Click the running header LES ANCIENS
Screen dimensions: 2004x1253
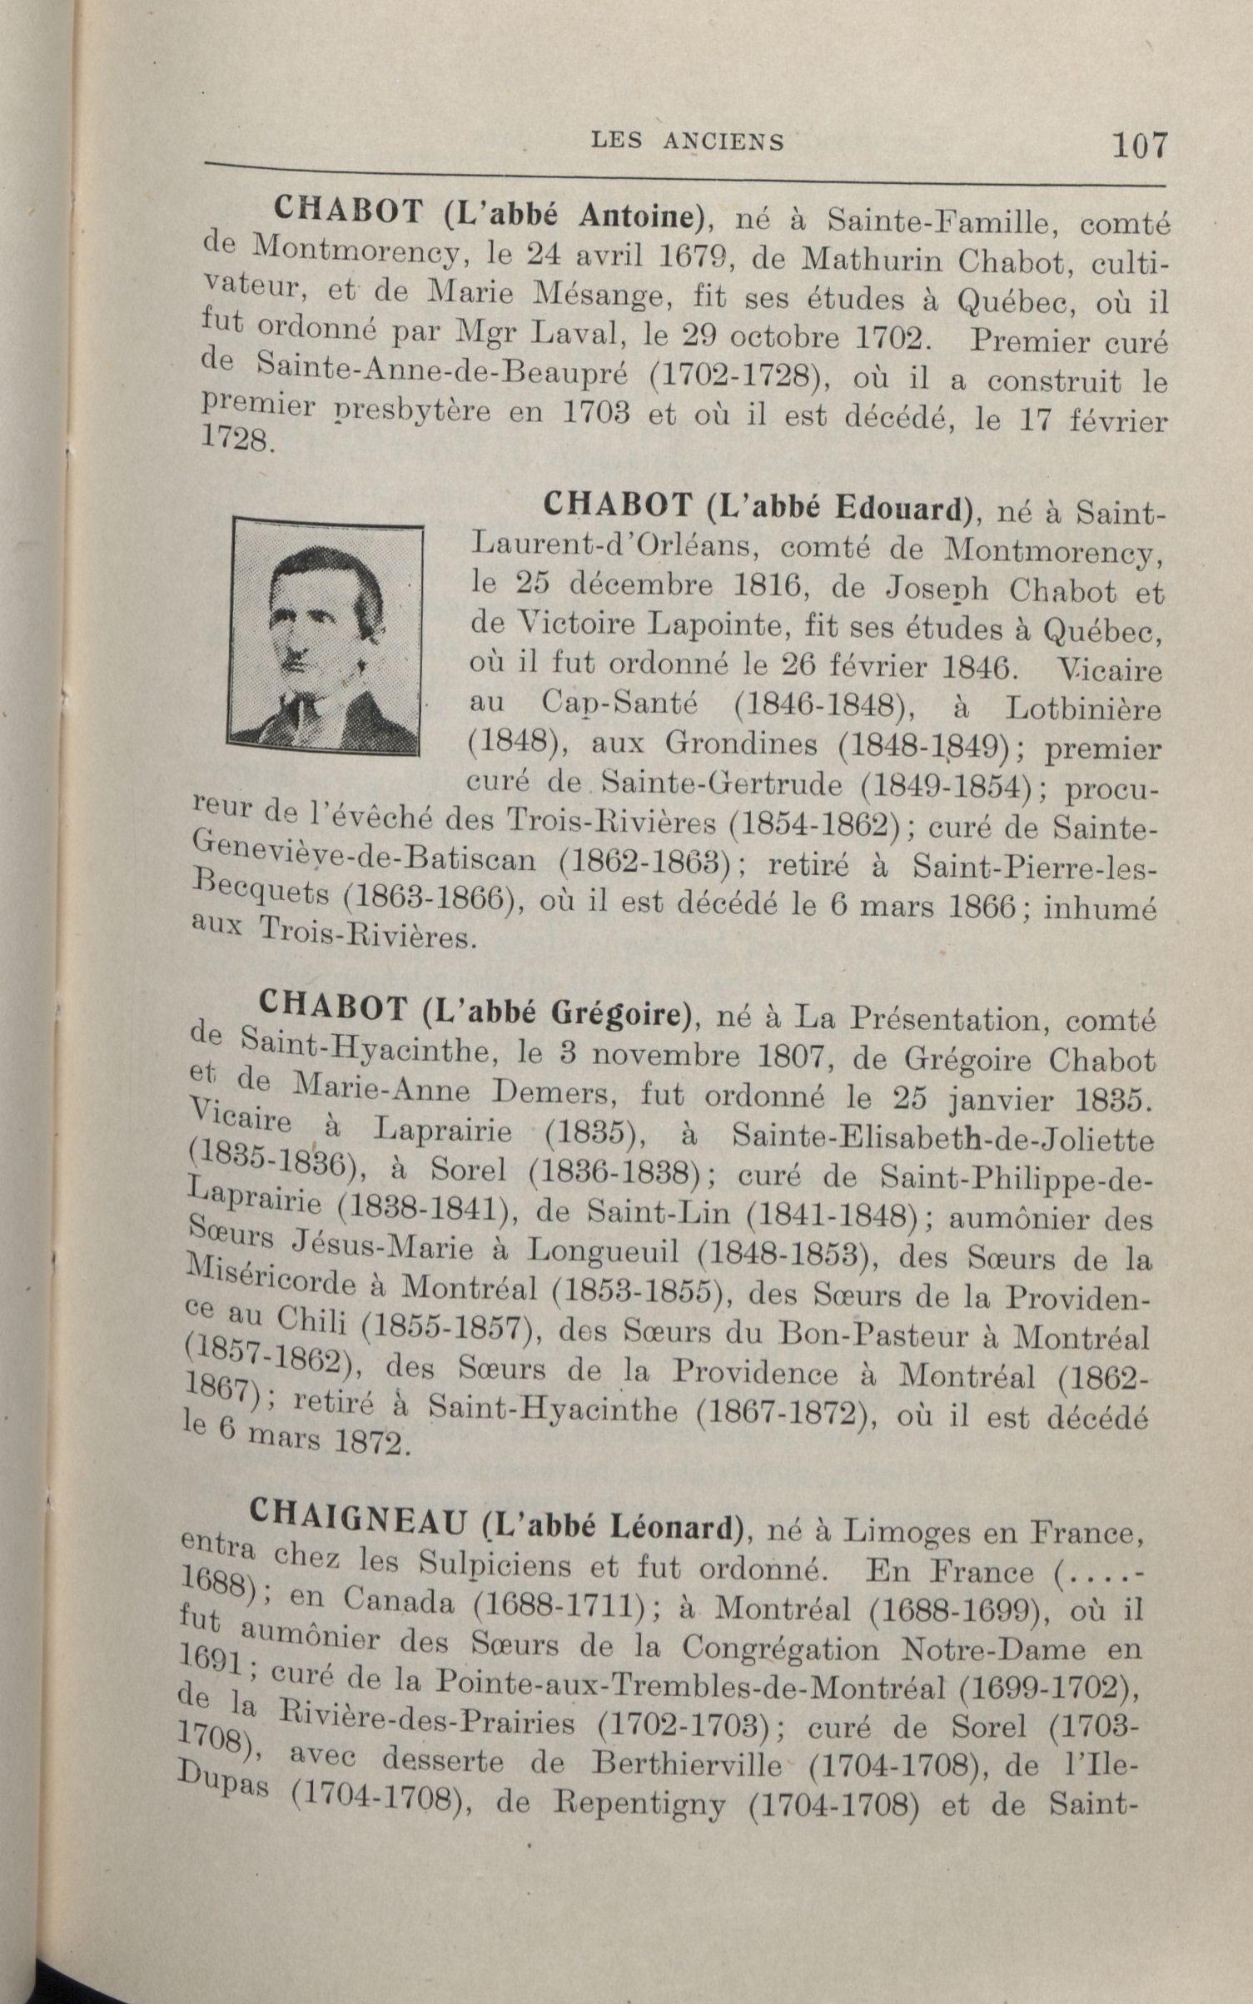pyautogui.click(x=687, y=142)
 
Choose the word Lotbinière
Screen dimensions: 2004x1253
pyautogui.click(x=1082, y=709)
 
